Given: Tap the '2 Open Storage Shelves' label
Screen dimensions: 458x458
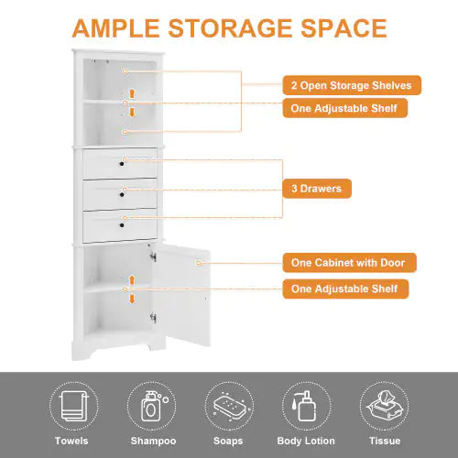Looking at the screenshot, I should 352,85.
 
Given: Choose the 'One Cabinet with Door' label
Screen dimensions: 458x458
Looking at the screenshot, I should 348,263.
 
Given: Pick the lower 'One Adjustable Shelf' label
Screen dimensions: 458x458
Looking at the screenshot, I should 344,289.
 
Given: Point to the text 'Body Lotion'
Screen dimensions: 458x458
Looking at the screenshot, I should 305,442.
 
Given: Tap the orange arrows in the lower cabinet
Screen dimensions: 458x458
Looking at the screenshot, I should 133,289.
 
